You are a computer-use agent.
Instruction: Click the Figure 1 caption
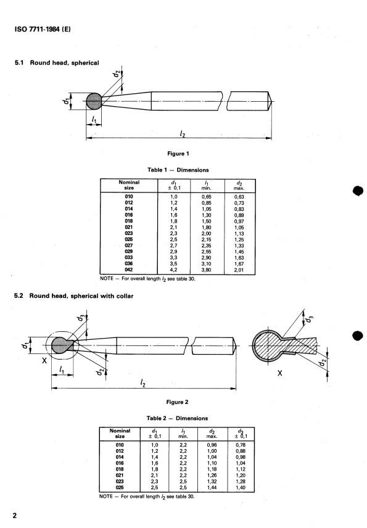point(178,153)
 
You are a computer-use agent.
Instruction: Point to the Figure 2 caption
point(178,402)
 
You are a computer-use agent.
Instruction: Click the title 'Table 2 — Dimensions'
point(178,418)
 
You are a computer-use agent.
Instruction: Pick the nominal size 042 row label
point(129,269)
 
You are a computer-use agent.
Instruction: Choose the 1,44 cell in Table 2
point(215,488)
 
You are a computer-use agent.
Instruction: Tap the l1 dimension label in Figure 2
point(62,369)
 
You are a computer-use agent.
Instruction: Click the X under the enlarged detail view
point(279,374)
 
